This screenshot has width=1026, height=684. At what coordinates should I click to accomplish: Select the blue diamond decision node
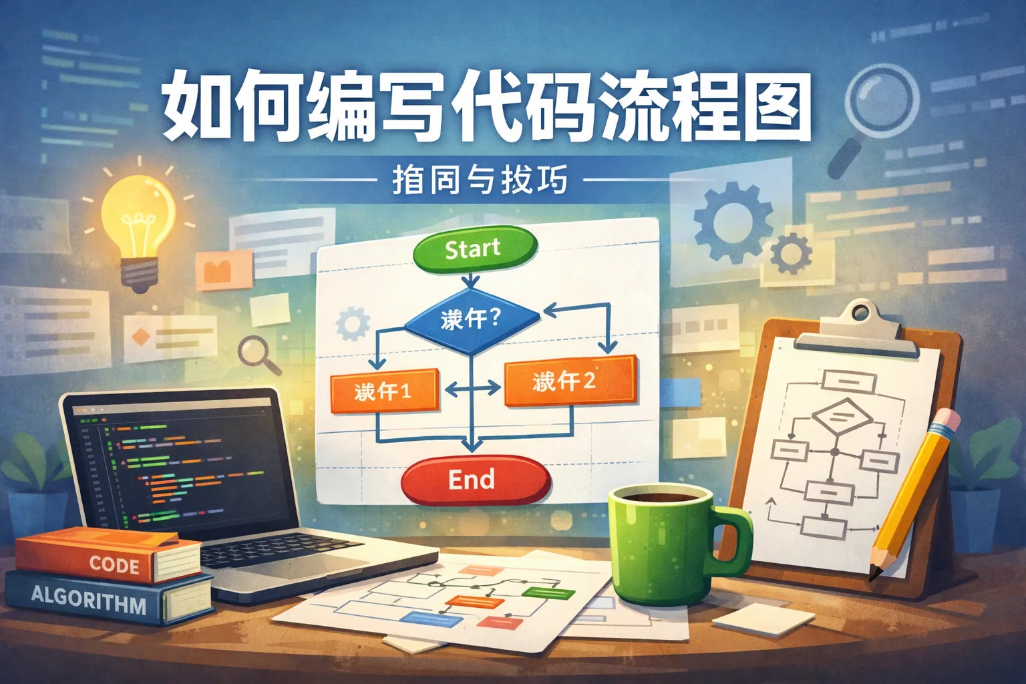tap(472, 320)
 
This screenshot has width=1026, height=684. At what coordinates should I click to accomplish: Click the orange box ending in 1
tap(384, 390)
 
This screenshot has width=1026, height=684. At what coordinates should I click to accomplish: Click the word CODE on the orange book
tap(114, 564)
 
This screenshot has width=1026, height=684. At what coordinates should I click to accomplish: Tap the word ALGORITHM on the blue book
tap(89, 598)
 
